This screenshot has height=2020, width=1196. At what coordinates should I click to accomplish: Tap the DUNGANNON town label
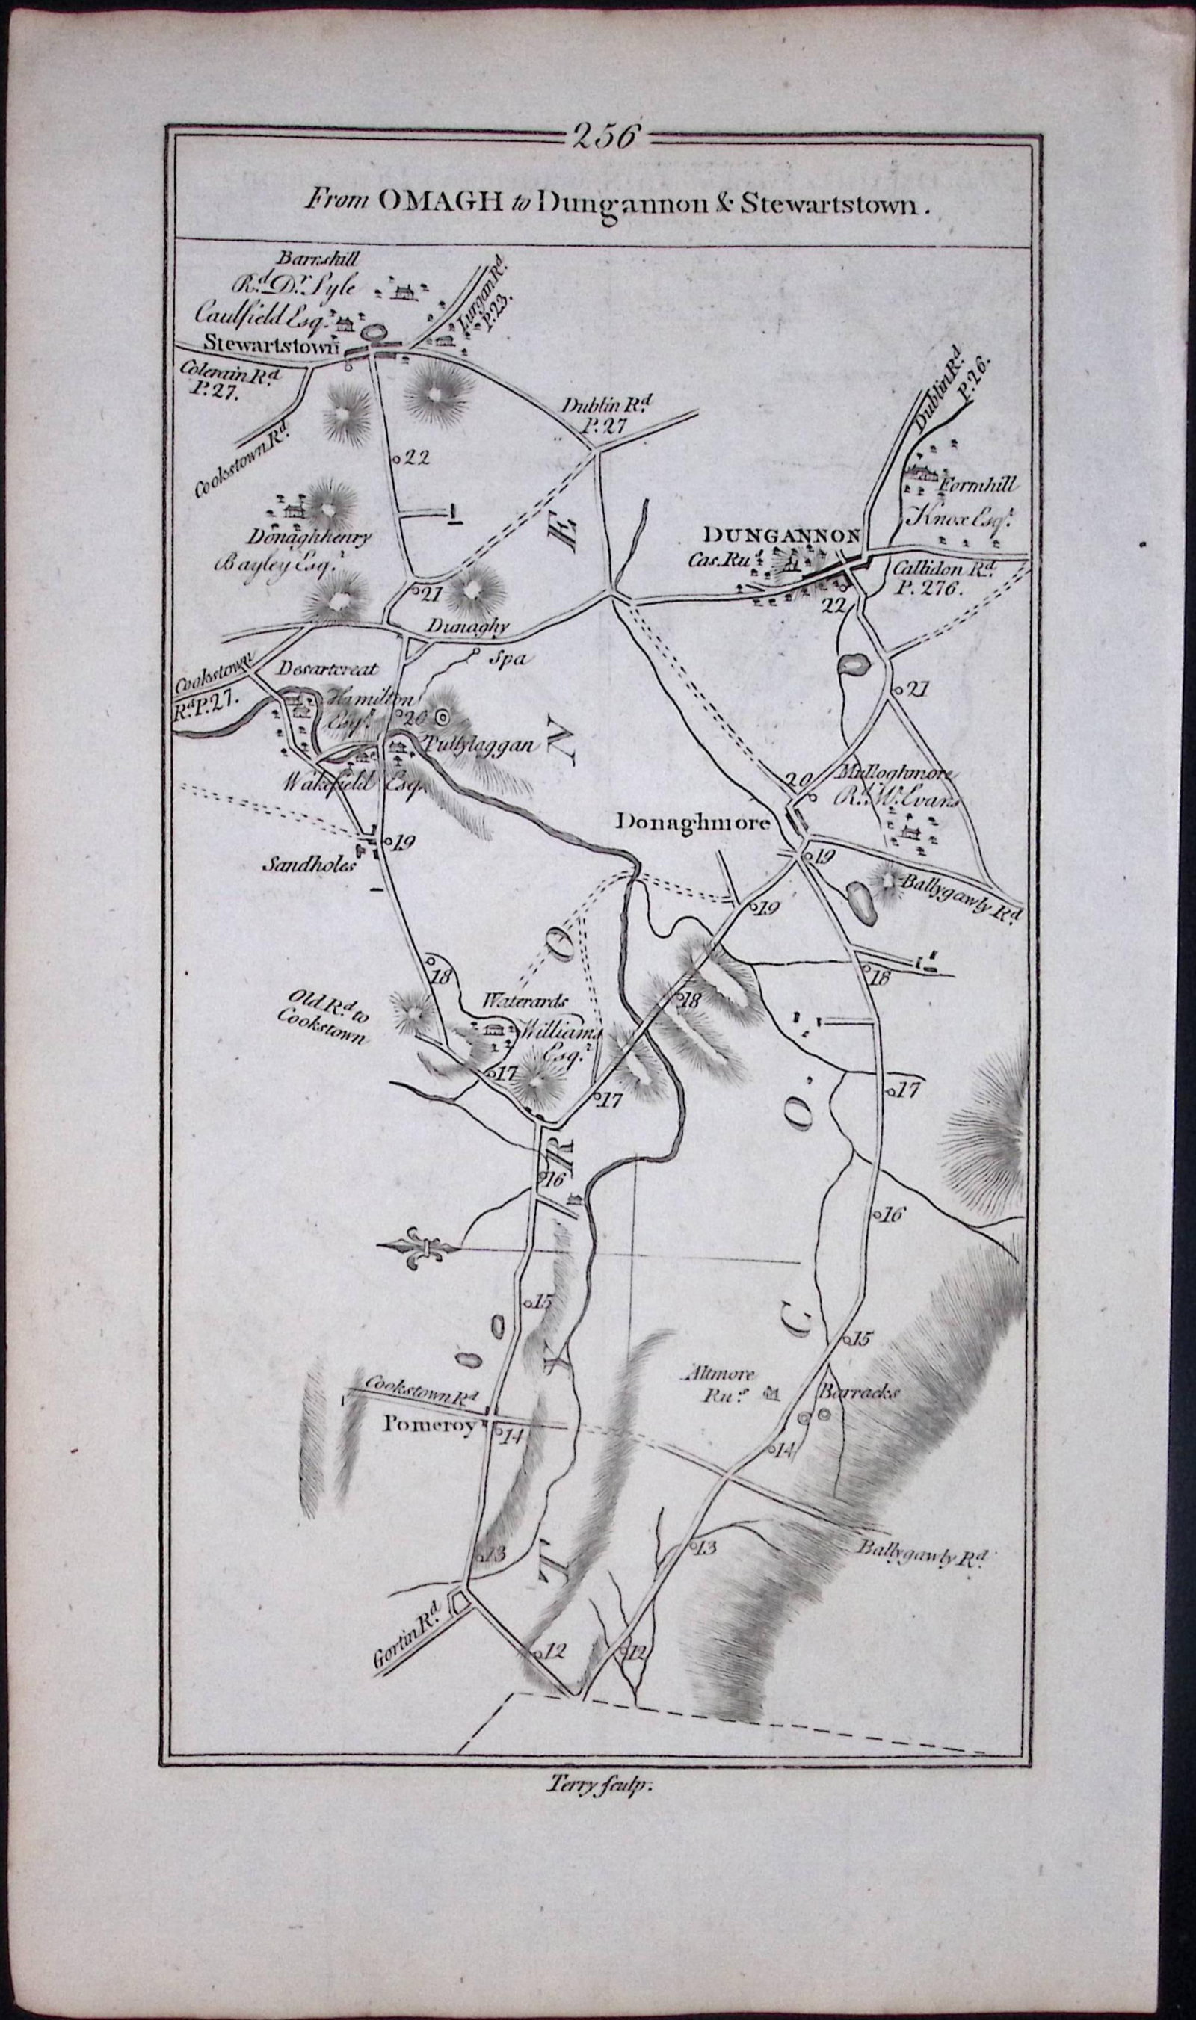tap(783, 534)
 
